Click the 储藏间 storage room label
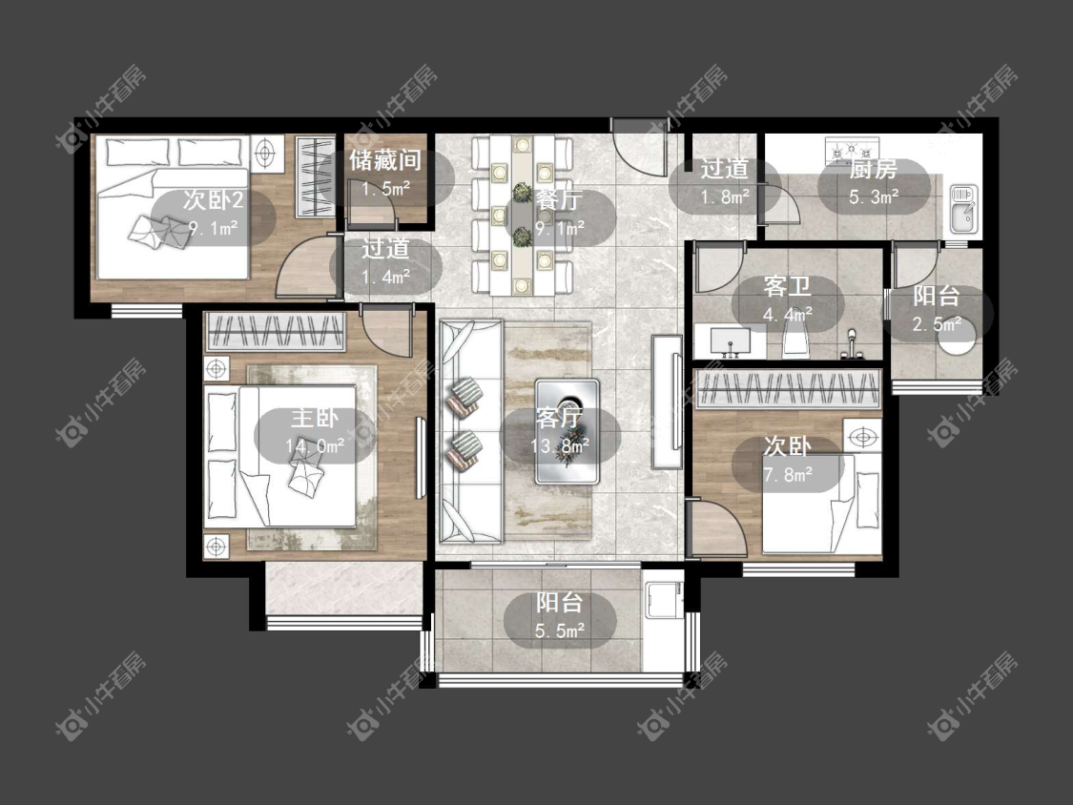384,161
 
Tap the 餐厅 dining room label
559,200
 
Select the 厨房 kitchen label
873,169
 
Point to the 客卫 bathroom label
787,286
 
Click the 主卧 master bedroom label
314,419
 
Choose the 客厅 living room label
559,419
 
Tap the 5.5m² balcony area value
560,630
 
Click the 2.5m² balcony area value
937,323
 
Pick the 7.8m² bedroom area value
788,474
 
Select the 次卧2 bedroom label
213,200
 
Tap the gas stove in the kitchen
852,149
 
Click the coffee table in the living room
567,431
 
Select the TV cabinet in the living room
667,402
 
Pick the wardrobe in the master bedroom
275,331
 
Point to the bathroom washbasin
731,341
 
